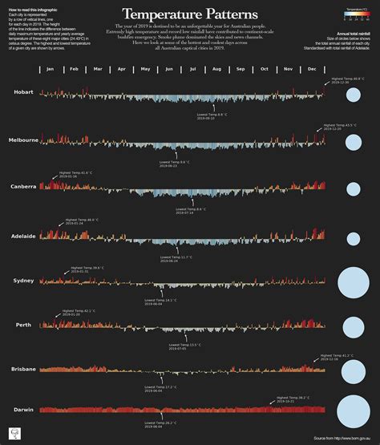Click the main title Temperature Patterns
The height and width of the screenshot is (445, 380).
189,14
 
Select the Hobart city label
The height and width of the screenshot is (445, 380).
23,93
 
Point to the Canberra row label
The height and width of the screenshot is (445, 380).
23,186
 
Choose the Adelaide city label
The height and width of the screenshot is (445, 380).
23,237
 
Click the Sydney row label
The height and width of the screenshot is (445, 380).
23,281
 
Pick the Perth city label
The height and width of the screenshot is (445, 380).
23,325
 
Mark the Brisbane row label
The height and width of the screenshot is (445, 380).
23,368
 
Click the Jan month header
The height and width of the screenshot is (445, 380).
50,70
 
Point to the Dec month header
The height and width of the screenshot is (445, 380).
311,70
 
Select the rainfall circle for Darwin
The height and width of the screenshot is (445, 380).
353,411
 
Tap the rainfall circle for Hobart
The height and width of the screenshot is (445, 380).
353,96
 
